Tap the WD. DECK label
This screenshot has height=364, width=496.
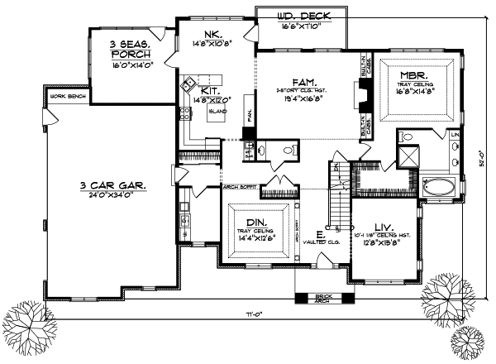(295, 14)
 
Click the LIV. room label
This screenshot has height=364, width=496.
(383, 227)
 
